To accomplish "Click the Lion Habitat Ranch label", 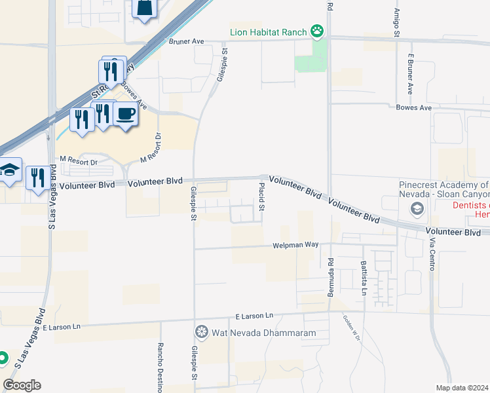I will point(268,31).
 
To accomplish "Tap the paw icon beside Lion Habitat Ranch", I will point(317,31).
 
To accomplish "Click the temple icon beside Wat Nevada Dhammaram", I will point(201,332).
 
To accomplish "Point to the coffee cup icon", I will point(125,114).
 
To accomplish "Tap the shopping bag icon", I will point(144,8).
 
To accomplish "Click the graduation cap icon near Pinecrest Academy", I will point(415,209).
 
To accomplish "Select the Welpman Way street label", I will point(295,245).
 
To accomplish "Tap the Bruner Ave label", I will point(187,41).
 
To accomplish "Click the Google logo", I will point(22,385).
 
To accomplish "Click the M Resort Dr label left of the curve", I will point(78,160).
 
